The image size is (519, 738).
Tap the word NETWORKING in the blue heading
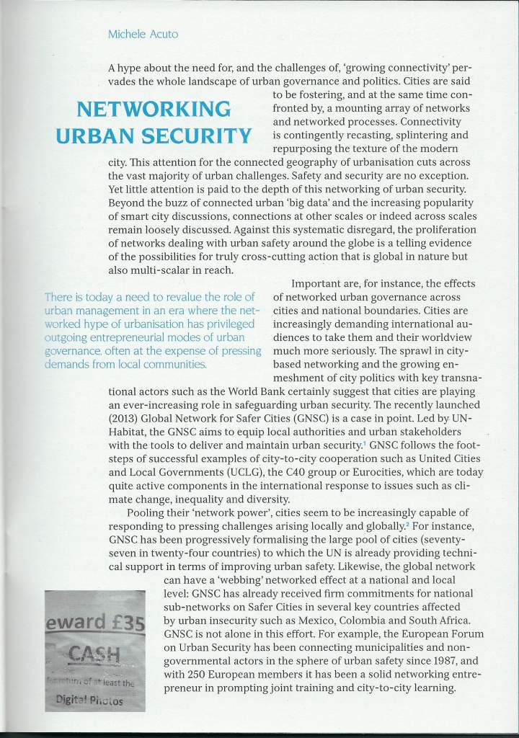(x=153, y=110)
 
